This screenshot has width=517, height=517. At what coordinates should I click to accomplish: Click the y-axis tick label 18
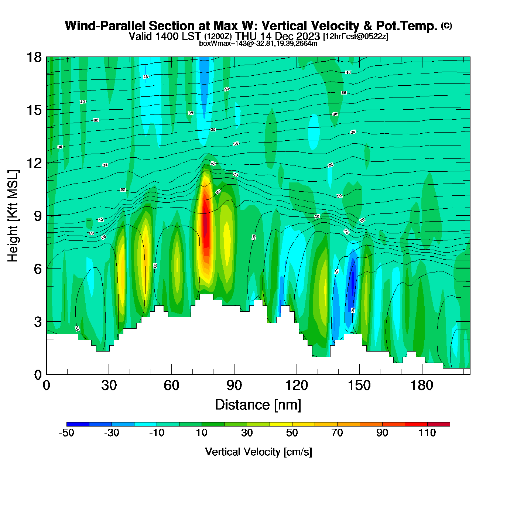[34, 57]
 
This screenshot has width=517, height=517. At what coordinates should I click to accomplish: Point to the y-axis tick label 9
[38, 216]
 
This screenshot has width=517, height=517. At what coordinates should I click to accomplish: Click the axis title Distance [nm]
[258, 405]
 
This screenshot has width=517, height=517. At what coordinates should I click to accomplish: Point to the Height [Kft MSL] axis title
[13, 216]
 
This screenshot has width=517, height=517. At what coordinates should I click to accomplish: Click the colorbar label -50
[66, 433]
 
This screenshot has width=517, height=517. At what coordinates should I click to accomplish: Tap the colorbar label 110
[427, 433]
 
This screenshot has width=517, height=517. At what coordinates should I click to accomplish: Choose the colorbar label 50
[292, 433]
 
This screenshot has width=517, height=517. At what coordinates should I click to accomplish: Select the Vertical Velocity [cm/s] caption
[258, 452]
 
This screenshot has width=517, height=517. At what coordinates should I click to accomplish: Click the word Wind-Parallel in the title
[106, 26]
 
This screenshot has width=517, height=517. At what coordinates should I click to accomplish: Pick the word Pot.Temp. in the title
[406, 26]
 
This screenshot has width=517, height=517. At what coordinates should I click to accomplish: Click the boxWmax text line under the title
[258, 43]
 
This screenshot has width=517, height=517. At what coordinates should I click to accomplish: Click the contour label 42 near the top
[145, 77]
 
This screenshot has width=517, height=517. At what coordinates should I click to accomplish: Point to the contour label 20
[353, 310]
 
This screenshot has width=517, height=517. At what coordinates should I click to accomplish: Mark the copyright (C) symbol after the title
[446, 25]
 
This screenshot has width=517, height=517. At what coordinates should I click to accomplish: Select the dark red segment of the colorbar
[439, 424]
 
